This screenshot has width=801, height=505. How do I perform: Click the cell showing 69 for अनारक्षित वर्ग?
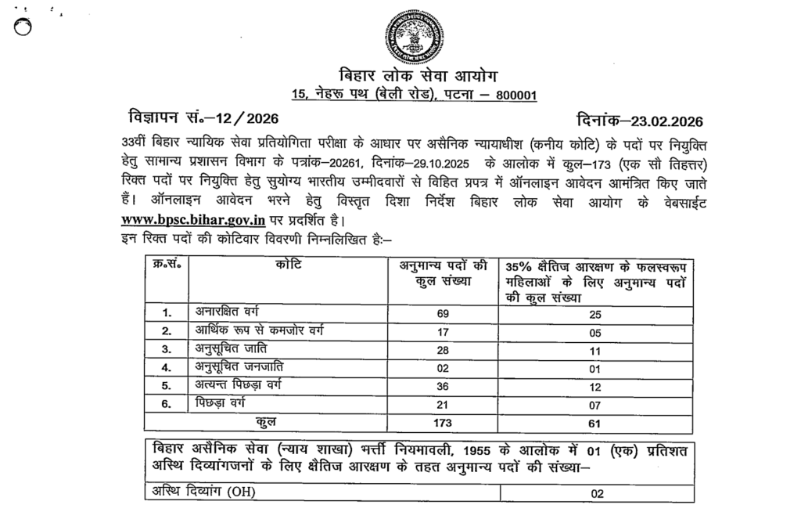click(444, 313)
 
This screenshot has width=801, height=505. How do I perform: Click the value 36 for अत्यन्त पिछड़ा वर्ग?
click(444, 385)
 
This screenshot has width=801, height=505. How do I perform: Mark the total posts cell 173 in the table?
click(444, 423)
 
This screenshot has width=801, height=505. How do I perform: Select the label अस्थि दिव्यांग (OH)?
click(204, 492)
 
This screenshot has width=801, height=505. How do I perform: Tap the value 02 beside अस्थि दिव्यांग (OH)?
click(598, 493)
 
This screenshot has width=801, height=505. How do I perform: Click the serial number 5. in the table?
click(166, 385)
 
